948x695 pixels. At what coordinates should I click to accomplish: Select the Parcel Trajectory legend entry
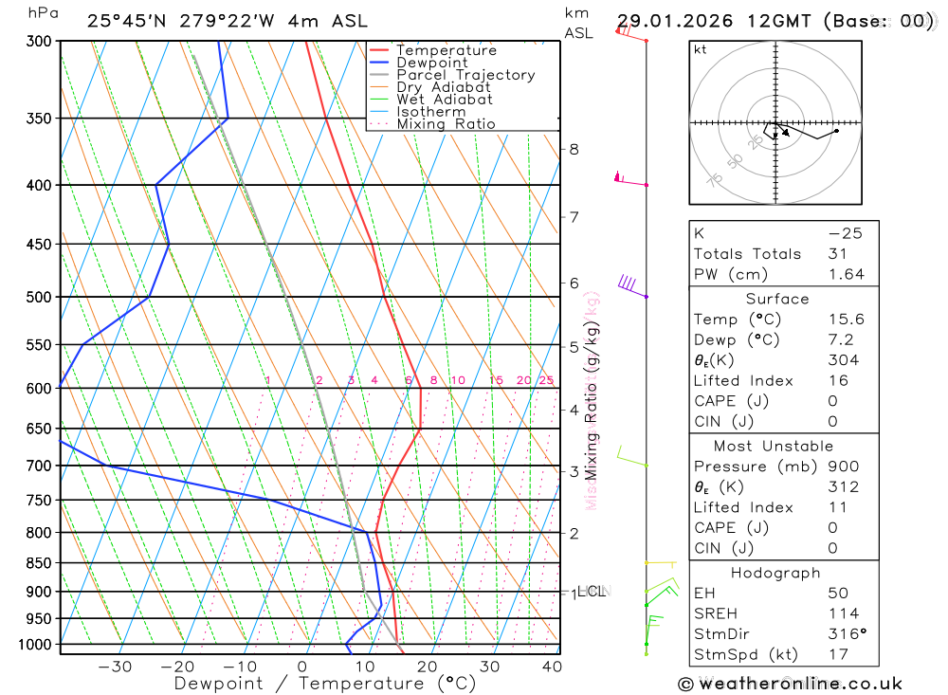465,75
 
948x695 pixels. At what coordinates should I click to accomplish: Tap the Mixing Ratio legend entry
446,124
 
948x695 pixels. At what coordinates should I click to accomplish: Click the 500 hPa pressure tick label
40,297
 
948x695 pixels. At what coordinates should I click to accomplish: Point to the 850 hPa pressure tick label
40,563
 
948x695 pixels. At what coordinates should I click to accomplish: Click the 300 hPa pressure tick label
40,42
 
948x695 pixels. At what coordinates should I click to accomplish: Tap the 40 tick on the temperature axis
552,667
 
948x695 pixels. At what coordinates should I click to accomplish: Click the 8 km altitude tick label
574,149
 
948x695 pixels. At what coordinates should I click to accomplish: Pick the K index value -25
845,233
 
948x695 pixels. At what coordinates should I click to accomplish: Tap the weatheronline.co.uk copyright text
791,684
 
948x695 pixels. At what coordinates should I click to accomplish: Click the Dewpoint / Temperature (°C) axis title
325,684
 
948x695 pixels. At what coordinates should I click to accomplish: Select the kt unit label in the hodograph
701,49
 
